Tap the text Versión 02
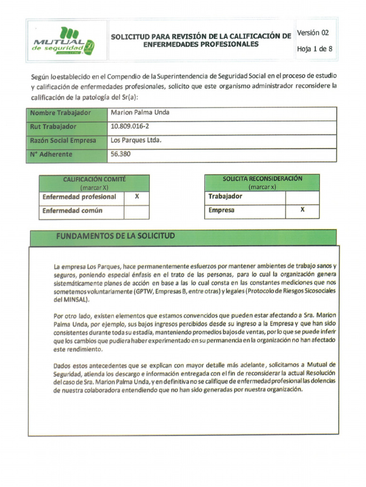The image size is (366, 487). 313,33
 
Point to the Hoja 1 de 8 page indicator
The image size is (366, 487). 315,49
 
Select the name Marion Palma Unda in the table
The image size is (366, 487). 140,113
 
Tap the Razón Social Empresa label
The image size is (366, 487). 62,140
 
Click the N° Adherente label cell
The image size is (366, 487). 51,154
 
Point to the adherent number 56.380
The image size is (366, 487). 120,154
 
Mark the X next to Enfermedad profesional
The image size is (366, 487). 136,197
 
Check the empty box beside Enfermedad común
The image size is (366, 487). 136,211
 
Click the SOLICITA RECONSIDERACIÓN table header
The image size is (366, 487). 262,182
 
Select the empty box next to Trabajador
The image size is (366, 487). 302,196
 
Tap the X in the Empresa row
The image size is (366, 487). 302,210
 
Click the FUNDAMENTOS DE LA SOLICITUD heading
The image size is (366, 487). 115,236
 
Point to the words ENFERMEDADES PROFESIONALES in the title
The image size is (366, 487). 201,44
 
